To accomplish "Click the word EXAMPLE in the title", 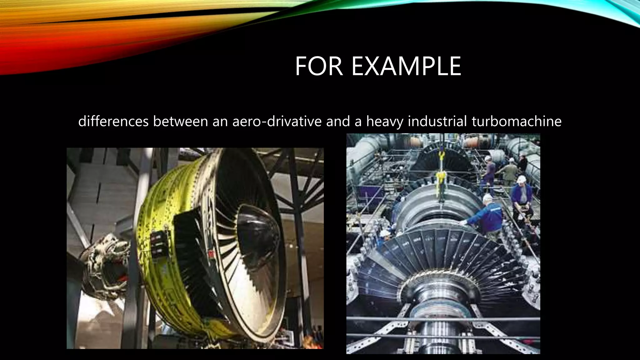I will click(406, 66).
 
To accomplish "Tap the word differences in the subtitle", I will click(113, 121).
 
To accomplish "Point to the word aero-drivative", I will click(277, 121).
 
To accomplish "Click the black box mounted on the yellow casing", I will click(159, 247).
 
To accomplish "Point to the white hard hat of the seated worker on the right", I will click(521, 179).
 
